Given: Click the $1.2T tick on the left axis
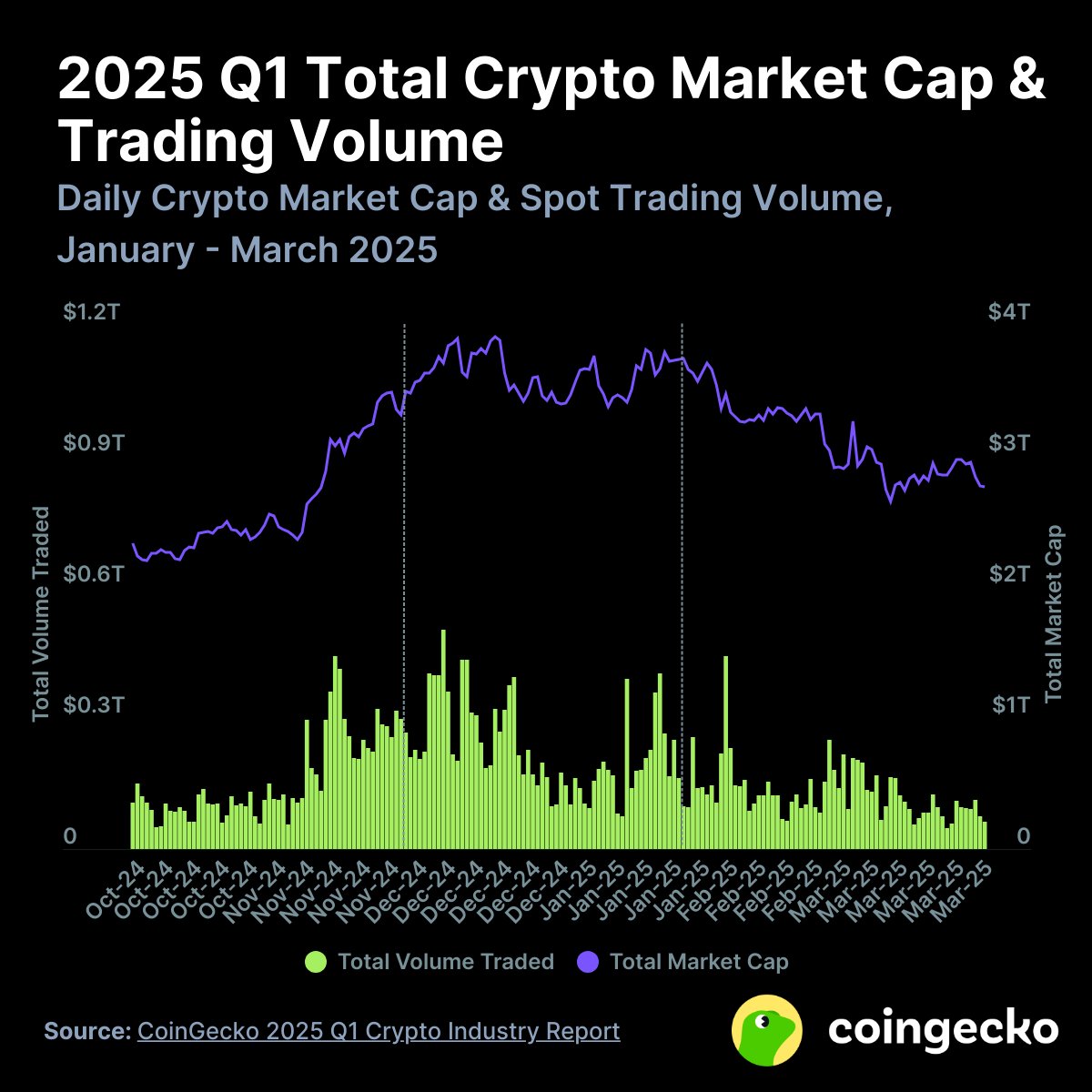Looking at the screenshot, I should tap(90, 312).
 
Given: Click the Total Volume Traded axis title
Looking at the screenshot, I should tap(41, 614).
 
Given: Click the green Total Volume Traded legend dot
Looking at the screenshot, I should tap(316, 962).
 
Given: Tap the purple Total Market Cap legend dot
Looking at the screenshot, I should tap(588, 962).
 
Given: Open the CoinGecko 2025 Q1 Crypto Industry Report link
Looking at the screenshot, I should tap(379, 1031).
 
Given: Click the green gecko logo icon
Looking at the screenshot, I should tap(766, 1029).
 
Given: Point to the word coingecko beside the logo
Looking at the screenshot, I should tap(944, 1029).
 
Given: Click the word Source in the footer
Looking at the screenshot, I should tap(87, 1031).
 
